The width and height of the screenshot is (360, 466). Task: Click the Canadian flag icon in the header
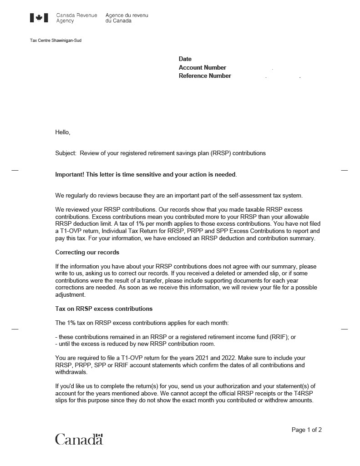pyautogui.click(x=39, y=18)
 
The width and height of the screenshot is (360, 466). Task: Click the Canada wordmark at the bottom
pyautogui.click(x=79, y=439)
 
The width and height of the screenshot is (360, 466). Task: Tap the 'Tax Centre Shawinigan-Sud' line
pyautogui.click(x=56, y=41)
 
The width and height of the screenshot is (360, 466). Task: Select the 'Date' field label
pyautogui.click(x=185, y=59)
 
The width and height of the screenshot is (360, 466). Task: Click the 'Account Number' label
pyautogui.click(x=202, y=67)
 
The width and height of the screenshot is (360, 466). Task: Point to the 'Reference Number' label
pyautogui.click(x=205, y=76)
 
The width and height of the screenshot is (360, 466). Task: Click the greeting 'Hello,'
pyautogui.click(x=63, y=132)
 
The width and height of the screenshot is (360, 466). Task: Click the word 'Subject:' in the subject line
pyautogui.click(x=66, y=153)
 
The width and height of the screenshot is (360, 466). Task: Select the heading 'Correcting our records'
pyautogui.click(x=87, y=252)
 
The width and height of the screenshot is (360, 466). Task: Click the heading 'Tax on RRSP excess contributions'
pyautogui.click(x=104, y=309)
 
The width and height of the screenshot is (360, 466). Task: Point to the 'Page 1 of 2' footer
pyautogui.click(x=307, y=430)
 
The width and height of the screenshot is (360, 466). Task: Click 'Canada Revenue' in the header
pyautogui.click(x=76, y=15)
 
